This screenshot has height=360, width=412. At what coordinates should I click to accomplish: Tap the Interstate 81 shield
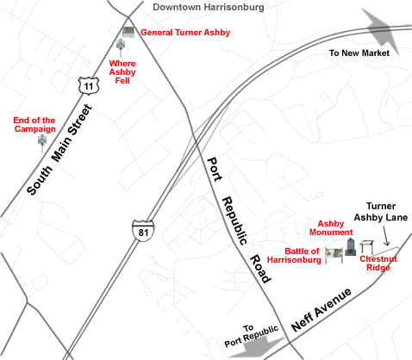click(x=143, y=230)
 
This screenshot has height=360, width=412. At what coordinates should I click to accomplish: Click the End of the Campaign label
click(x=35, y=125)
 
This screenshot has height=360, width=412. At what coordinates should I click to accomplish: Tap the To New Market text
click(x=359, y=53)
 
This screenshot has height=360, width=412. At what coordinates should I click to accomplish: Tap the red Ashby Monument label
click(x=335, y=227)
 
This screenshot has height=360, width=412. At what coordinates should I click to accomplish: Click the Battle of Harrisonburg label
click(x=290, y=256)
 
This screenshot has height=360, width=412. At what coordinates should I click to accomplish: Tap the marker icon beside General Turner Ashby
click(x=128, y=32)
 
